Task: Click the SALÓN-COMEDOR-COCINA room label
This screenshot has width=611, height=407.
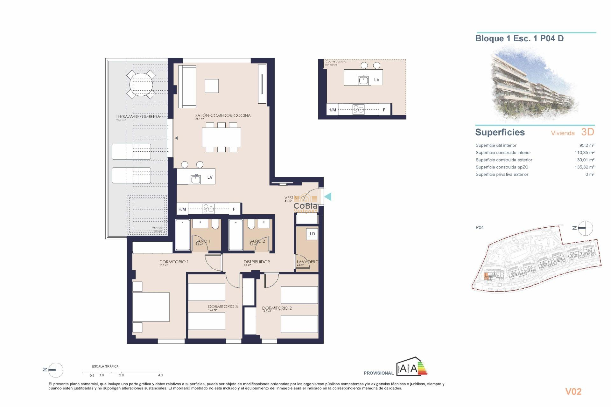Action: (x=223, y=115)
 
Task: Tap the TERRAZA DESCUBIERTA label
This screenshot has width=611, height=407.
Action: (x=138, y=116)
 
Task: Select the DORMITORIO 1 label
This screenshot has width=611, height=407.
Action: (x=174, y=262)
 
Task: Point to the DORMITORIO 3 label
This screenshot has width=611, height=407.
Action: (x=223, y=307)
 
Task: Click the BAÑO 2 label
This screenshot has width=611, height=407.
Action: (x=257, y=241)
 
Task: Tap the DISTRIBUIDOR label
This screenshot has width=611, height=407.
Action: (x=256, y=262)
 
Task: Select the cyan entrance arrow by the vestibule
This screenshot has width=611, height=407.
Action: (x=328, y=197)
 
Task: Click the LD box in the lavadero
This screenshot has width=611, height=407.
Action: (x=312, y=234)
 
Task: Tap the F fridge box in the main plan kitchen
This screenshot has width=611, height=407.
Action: (x=234, y=209)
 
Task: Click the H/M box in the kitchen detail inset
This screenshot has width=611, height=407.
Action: (x=332, y=110)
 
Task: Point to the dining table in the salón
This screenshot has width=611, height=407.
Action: (x=221, y=137)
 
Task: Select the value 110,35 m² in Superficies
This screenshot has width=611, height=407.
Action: (x=584, y=153)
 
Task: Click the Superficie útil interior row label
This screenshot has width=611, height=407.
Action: (x=496, y=145)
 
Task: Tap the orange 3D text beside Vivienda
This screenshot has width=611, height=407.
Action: (x=587, y=132)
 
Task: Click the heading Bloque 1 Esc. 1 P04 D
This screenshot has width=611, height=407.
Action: (x=519, y=38)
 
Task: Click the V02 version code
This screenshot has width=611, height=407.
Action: (x=573, y=391)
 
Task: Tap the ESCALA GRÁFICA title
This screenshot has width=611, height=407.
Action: (x=105, y=366)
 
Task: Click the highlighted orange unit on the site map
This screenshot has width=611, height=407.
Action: (x=486, y=276)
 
